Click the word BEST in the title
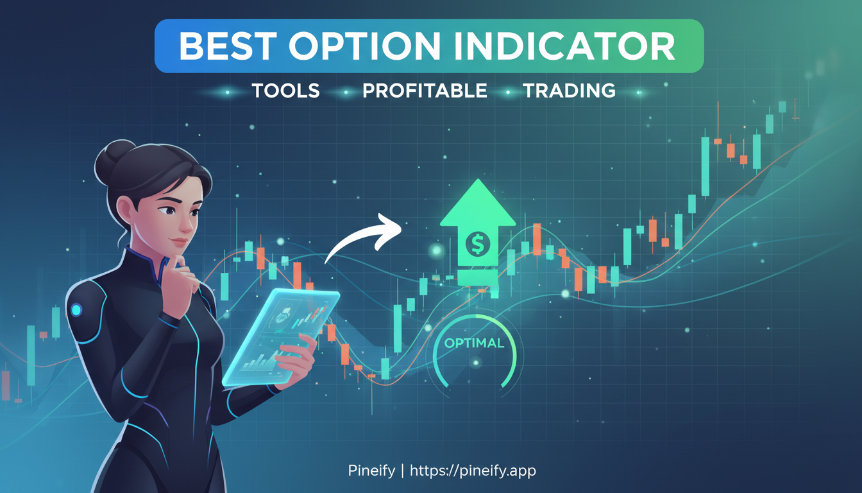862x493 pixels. [x=225, y=46]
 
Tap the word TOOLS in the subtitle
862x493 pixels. [x=285, y=91]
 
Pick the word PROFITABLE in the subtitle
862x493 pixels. [x=425, y=91]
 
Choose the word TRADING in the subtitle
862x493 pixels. [x=569, y=91]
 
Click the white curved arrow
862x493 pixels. [x=362, y=238]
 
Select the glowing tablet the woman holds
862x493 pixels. [x=282, y=337]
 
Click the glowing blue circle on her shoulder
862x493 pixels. [x=76, y=311]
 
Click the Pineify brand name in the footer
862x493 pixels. [x=371, y=471]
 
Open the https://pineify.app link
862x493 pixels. [x=473, y=471]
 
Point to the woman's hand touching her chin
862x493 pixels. [x=187, y=273]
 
